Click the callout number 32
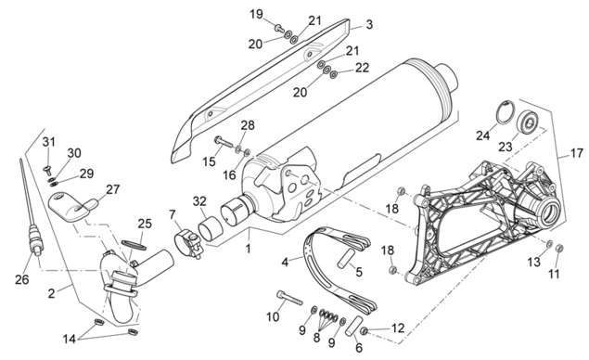click(199, 201)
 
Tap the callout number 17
click(577, 153)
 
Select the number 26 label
click(21, 279)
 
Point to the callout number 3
click(369, 24)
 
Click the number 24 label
click(483, 135)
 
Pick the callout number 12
click(397, 328)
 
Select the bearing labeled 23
click(528, 122)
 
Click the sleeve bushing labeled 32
click(211, 227)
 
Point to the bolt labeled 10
click(289, 297)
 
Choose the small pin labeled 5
click(344, 260)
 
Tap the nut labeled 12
click(364, 330)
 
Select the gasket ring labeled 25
click(134, 245)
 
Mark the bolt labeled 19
click(279, 28)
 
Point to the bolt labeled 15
click(224, 142)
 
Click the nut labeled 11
click(558, 248)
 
